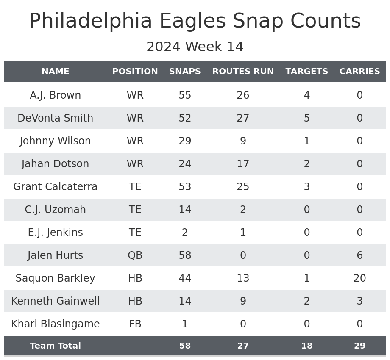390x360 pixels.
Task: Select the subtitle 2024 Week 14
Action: coord(195,47)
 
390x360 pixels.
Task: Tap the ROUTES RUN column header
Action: coord(243,72)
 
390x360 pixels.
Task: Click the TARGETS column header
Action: coord(306,72)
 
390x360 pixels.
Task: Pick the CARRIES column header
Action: coord(359,72)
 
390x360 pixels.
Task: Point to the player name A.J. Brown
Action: coord(55,95)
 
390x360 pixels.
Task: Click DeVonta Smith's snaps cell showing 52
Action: coord(185,118)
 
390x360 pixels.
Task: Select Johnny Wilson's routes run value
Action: coord(243,141)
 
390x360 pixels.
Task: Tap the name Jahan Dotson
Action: coord(55,164)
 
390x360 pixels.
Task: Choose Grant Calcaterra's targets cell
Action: coord(306,187)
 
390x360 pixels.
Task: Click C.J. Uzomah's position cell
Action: coord(135,210)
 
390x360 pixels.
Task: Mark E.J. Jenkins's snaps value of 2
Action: coord(185,233)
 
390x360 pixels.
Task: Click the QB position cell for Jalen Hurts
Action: coord(135,255)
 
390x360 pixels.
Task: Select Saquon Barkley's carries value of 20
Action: coord(359,278)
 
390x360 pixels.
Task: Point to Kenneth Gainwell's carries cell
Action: coord(359,301)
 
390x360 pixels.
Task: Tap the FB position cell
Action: coord(135,324)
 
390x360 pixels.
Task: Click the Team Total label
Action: coord(55,346)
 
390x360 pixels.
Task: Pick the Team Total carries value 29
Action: coord(359,346)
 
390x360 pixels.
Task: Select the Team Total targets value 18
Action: coord(306,346)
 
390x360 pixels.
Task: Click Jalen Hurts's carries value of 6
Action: coord(359,255)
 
